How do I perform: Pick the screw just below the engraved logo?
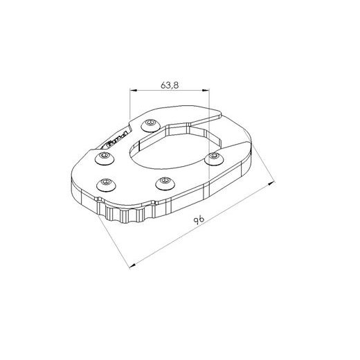104,159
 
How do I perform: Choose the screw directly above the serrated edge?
106,183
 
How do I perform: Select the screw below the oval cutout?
164,183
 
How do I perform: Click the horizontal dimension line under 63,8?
171,91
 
